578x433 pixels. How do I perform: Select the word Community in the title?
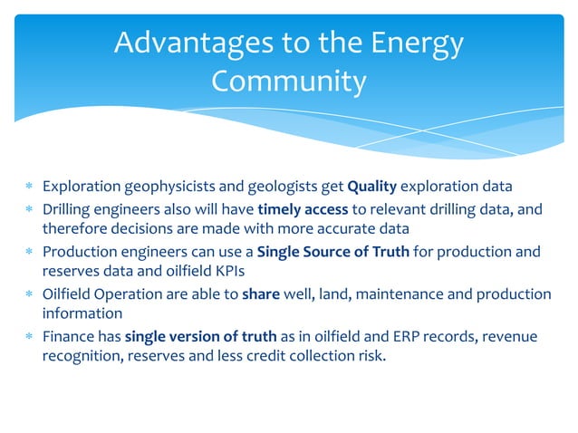(x=288, y=82)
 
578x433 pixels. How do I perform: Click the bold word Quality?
(x=372, y=188)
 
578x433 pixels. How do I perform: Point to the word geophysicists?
(x=159, y=188)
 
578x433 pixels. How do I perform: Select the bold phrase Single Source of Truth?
(x=334, y=252)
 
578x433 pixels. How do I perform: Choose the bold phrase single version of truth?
(x=201, y=337)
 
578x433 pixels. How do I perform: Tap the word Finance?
(x=66, y=337)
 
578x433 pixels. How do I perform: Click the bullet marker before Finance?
(x=29, y=337)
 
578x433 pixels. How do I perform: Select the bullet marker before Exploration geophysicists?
(x=29, y=188)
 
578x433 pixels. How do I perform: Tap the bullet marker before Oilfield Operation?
(x=29, y=294)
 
